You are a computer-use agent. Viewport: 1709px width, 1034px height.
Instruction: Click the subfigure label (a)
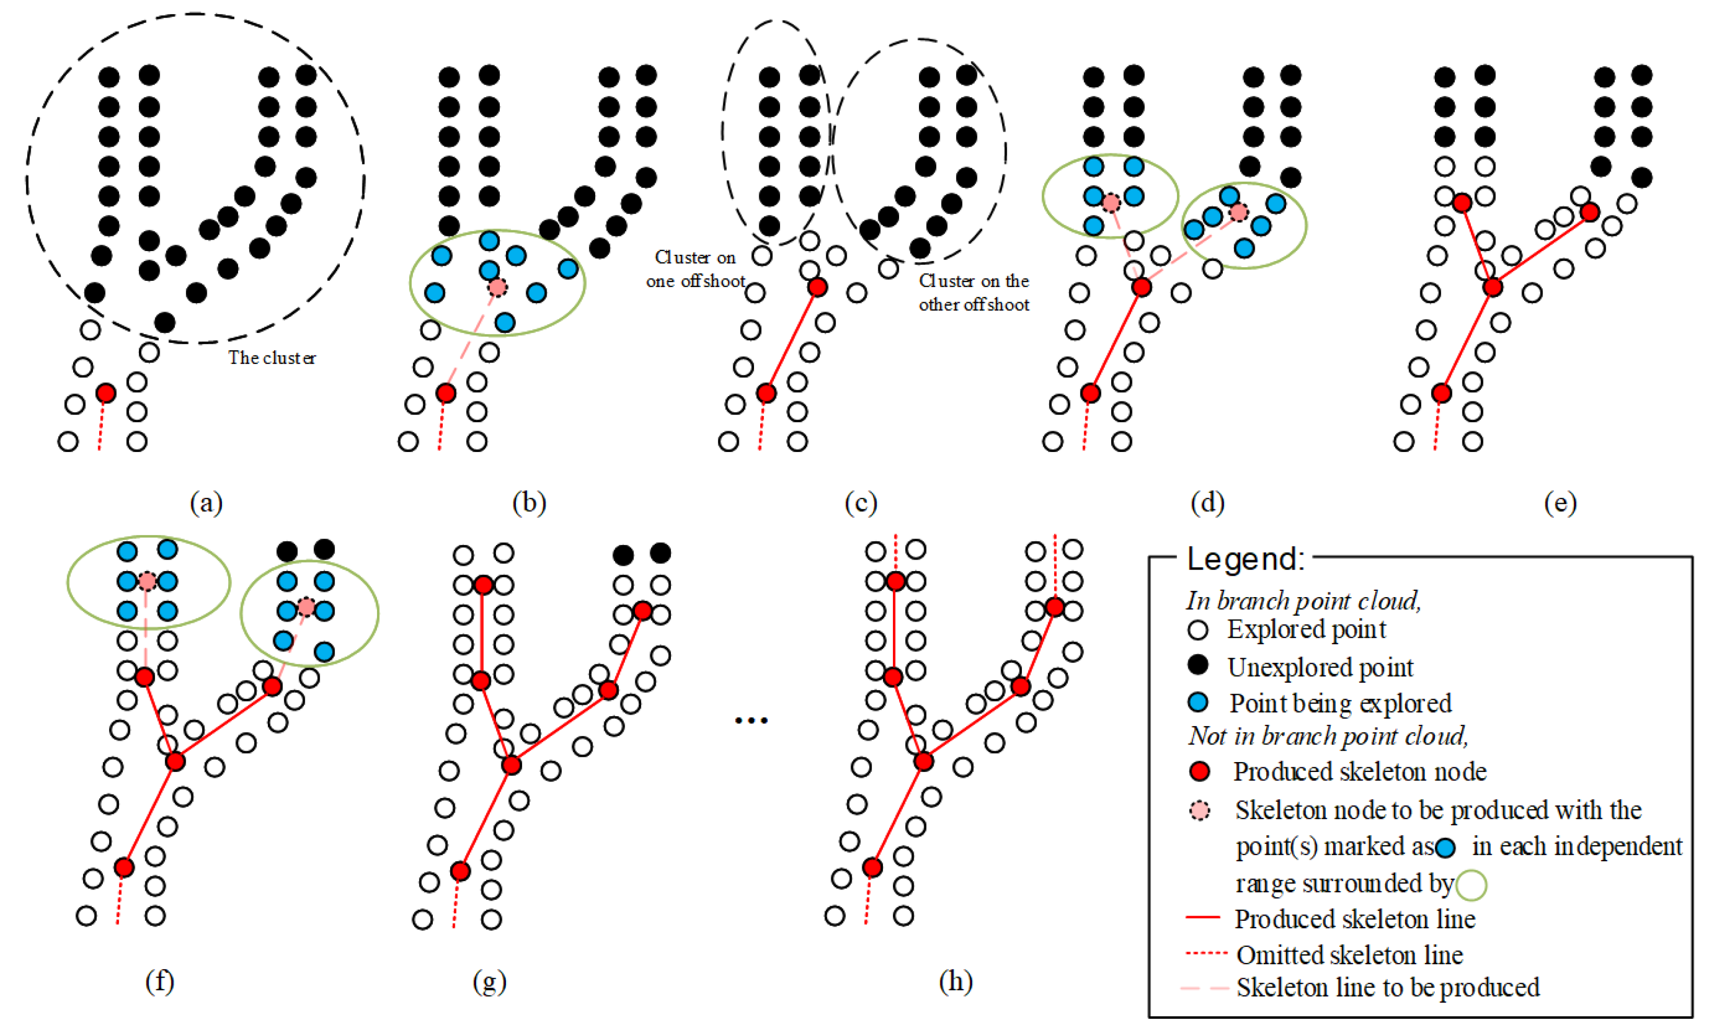(206, 502)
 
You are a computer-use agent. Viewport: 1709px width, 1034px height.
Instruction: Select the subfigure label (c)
(861, 502)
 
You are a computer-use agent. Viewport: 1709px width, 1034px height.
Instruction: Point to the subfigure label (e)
(1560, 502)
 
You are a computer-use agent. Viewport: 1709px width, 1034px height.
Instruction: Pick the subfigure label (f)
(160, 981)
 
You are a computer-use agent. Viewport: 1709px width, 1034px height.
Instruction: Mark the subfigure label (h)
(956, 981)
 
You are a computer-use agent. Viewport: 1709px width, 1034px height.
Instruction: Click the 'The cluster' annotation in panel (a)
(272, 358)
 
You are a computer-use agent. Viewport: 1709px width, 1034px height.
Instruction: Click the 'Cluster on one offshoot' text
(695, 269)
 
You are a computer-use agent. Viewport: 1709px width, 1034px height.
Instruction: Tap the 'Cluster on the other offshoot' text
(974, 292)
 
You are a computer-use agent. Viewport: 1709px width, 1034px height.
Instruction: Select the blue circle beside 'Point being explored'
(1198, 703)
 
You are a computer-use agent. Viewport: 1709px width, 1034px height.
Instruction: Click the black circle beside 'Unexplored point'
(1198, 665)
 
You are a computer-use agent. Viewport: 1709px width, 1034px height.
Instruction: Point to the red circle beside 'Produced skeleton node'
(1199, 771)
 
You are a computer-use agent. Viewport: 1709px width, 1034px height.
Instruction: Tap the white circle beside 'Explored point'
(1198, 629)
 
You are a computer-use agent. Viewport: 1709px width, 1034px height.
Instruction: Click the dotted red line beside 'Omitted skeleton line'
(1206, 954)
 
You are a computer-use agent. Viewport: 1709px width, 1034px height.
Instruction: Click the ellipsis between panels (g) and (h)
(751, 720)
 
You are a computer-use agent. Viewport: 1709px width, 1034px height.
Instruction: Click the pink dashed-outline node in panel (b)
(497, 287)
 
